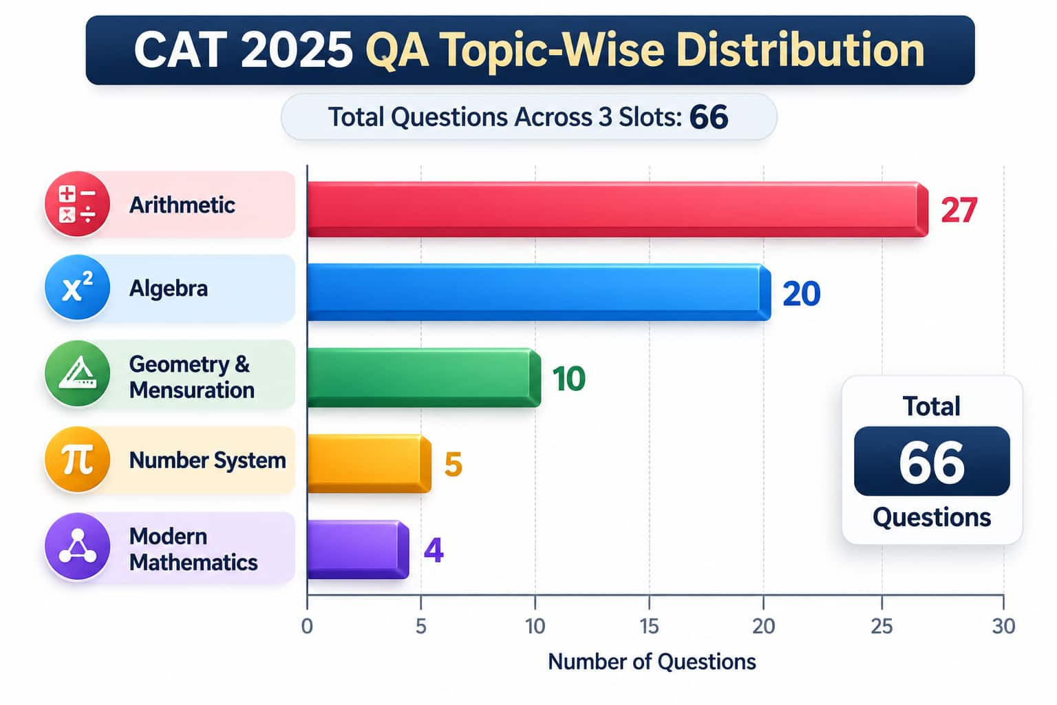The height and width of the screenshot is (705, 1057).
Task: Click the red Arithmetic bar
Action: pyautogui.click(x=618, y=209)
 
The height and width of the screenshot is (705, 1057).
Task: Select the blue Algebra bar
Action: pyautogui.click(x=539, y=293)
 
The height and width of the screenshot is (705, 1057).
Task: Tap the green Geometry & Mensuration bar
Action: pyautogui.click(x=424, y=378)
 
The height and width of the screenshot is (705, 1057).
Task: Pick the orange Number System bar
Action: pyautogui.click(x=369, y=464)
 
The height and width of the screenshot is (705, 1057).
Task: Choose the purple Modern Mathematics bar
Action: pyautogui.click(x=358, y=549)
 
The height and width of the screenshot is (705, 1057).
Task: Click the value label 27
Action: pyautogui.click(x=959, y=210)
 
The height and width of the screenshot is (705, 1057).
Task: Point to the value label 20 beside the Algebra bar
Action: pyautogui.click(x=801, y=294)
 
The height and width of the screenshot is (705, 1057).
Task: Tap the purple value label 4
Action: pyautogui.click(x=434, y=551)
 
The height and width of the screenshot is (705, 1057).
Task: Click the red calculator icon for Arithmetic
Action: pyautogui.click(x=77, y=204)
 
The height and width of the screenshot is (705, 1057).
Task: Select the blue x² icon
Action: pyautogui.click(x=77, y=288)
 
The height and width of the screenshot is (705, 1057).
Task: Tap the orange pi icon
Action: pyautogui.click(x=77, y=459)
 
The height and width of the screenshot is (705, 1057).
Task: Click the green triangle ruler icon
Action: pyautogui.click(x=77, y=374)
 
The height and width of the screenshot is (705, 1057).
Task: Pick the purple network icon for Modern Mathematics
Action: pyautogui.click(x=77, y=547)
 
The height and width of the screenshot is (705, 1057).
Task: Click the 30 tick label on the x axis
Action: pyautogui.click(x=1004, y=627)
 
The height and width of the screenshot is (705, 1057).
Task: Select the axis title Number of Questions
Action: pyautogui.click(x=652, y=662)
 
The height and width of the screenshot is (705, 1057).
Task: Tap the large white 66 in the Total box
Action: pyautogui.click(x=932, y=462)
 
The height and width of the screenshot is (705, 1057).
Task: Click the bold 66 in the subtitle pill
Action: pyautogui.click(x=709, y=117)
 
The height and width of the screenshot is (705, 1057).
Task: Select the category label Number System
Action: pyautogui.click(x=208, y=461)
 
